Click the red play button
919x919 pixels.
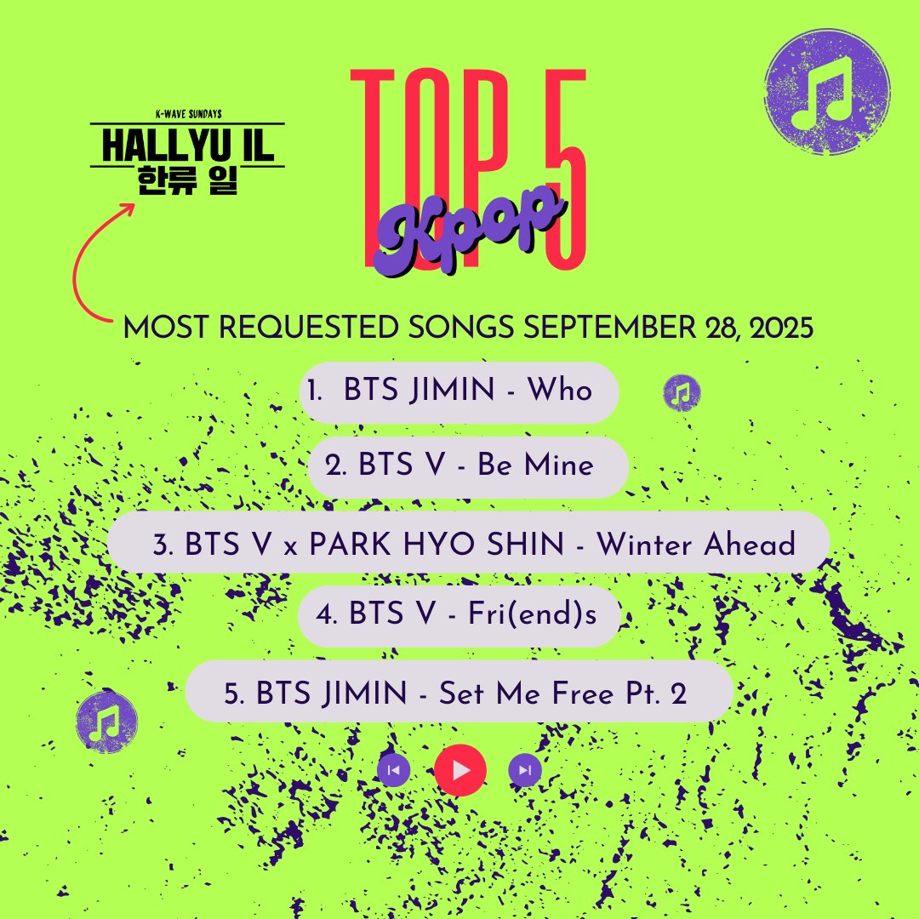coord(460,770)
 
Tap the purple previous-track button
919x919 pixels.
coord(394,770)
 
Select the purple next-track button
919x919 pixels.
coord(525,770)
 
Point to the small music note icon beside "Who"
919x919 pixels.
coord(682,391)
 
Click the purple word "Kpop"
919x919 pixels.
coord(468,225)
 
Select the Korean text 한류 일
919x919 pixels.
coord(187,180)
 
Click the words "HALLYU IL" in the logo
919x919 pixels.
coord(187,146)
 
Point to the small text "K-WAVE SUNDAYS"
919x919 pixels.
coord(187,115)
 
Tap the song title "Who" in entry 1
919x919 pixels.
coord(559,391)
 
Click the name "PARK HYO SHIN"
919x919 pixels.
coord(436,544)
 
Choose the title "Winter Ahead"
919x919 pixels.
coord(695,544)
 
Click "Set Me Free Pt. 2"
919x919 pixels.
coord(563,694)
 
